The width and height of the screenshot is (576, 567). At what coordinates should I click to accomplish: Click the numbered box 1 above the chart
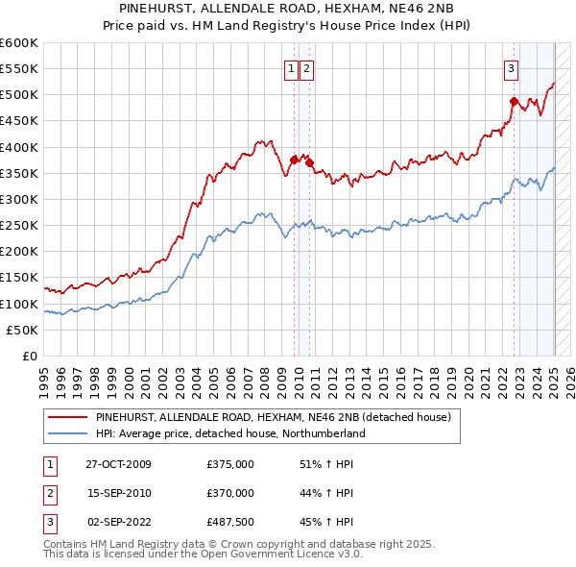(290, 68)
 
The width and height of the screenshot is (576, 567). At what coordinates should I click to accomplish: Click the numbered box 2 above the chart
(306, 68)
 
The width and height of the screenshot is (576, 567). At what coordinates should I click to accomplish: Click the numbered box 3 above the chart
(511, 68)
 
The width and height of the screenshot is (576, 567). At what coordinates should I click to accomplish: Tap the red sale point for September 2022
(514, 101)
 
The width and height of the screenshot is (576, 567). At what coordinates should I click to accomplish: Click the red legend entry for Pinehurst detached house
(278, 418)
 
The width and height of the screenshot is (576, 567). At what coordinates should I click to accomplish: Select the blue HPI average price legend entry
(230, 433)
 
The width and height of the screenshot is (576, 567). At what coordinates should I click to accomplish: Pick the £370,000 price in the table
(229, 493)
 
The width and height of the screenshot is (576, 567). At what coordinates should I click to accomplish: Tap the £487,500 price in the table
(229, 522)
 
